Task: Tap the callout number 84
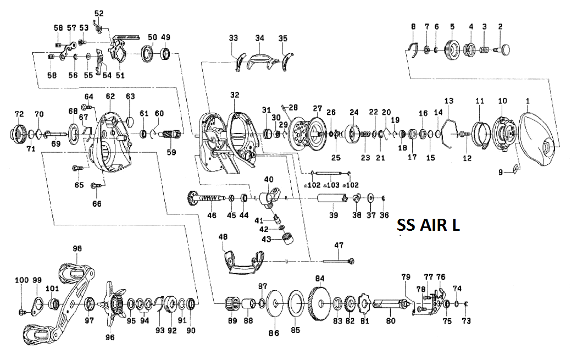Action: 319,278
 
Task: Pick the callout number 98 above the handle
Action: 76,249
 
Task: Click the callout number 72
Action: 19,114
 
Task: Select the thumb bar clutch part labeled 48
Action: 242,261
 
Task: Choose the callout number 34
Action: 259,38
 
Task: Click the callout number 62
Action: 110,96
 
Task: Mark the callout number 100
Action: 21,280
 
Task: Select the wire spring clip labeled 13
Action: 450,132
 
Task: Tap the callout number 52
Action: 98,13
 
